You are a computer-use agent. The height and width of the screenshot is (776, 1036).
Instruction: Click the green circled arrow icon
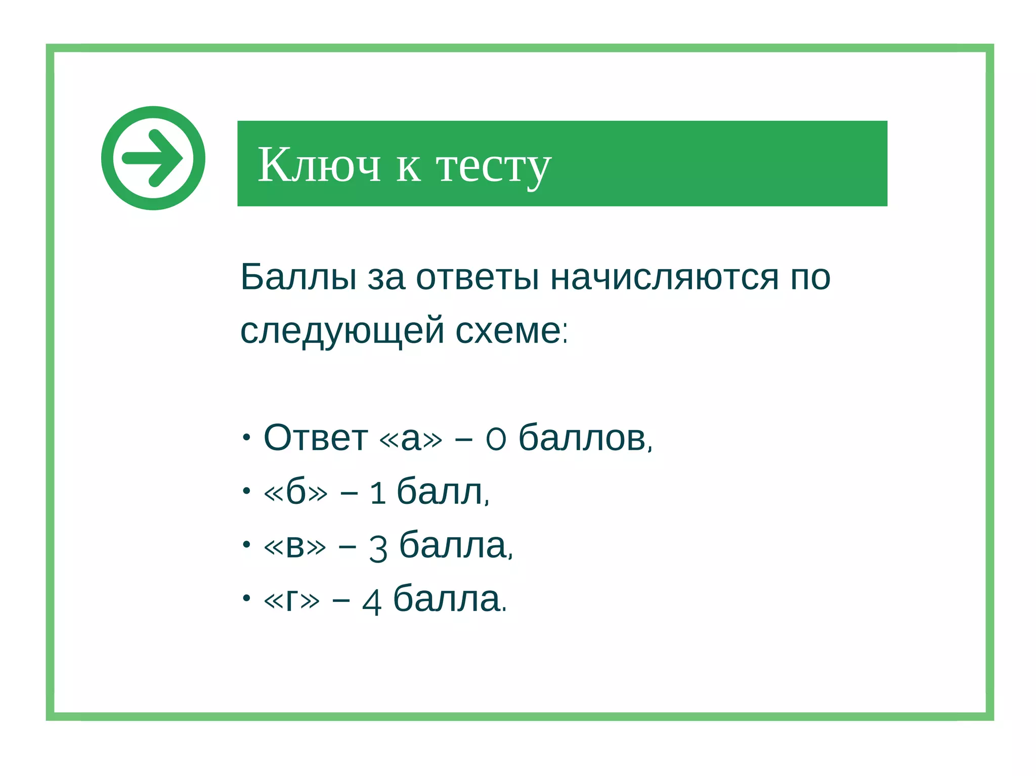(153, 158)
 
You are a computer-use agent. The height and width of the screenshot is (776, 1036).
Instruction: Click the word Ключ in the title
(319, 165)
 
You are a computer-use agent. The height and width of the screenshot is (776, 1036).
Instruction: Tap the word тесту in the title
(493, 167)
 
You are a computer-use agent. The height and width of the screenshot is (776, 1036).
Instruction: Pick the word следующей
(342, 332)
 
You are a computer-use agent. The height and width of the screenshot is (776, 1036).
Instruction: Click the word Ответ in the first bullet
(316, 438)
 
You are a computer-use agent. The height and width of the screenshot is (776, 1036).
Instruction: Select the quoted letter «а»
(410, 438)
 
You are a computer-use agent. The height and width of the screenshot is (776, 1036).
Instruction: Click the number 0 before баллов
(496, 439)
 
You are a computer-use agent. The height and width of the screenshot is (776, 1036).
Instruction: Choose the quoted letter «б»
(295, 492)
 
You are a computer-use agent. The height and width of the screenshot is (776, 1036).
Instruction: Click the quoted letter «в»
(295, 546)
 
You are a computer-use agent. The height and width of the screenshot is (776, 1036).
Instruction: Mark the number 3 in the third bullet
(378, 548)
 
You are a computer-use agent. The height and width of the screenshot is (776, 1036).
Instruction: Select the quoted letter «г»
(292, 600)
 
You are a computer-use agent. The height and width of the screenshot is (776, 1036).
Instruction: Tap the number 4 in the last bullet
(372, 602)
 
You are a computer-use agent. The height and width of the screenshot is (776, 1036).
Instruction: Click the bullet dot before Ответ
(246, 437)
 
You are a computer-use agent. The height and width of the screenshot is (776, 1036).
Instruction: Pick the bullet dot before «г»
(246, 598)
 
